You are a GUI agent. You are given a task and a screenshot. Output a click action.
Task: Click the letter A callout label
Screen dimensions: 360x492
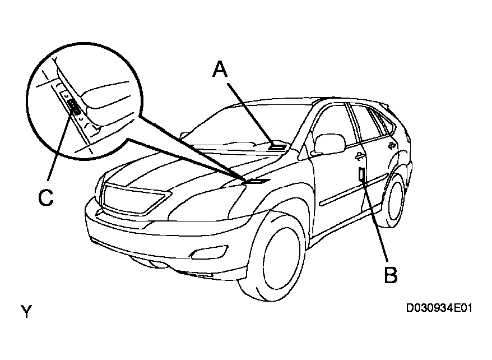220,69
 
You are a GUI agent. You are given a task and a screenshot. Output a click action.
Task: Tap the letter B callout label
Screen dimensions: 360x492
391,275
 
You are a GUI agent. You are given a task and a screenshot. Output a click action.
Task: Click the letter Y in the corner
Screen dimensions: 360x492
26,311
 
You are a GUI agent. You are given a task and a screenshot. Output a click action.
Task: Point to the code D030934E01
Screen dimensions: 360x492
440,308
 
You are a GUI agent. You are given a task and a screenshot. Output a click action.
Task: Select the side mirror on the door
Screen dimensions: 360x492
329,144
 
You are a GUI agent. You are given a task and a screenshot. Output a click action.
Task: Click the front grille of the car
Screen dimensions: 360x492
134,199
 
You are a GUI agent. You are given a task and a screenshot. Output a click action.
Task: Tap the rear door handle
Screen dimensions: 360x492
391,145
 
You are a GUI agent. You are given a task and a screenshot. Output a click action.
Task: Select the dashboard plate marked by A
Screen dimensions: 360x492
277,146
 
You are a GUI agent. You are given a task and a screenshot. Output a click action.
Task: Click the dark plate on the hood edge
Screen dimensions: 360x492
255,181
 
